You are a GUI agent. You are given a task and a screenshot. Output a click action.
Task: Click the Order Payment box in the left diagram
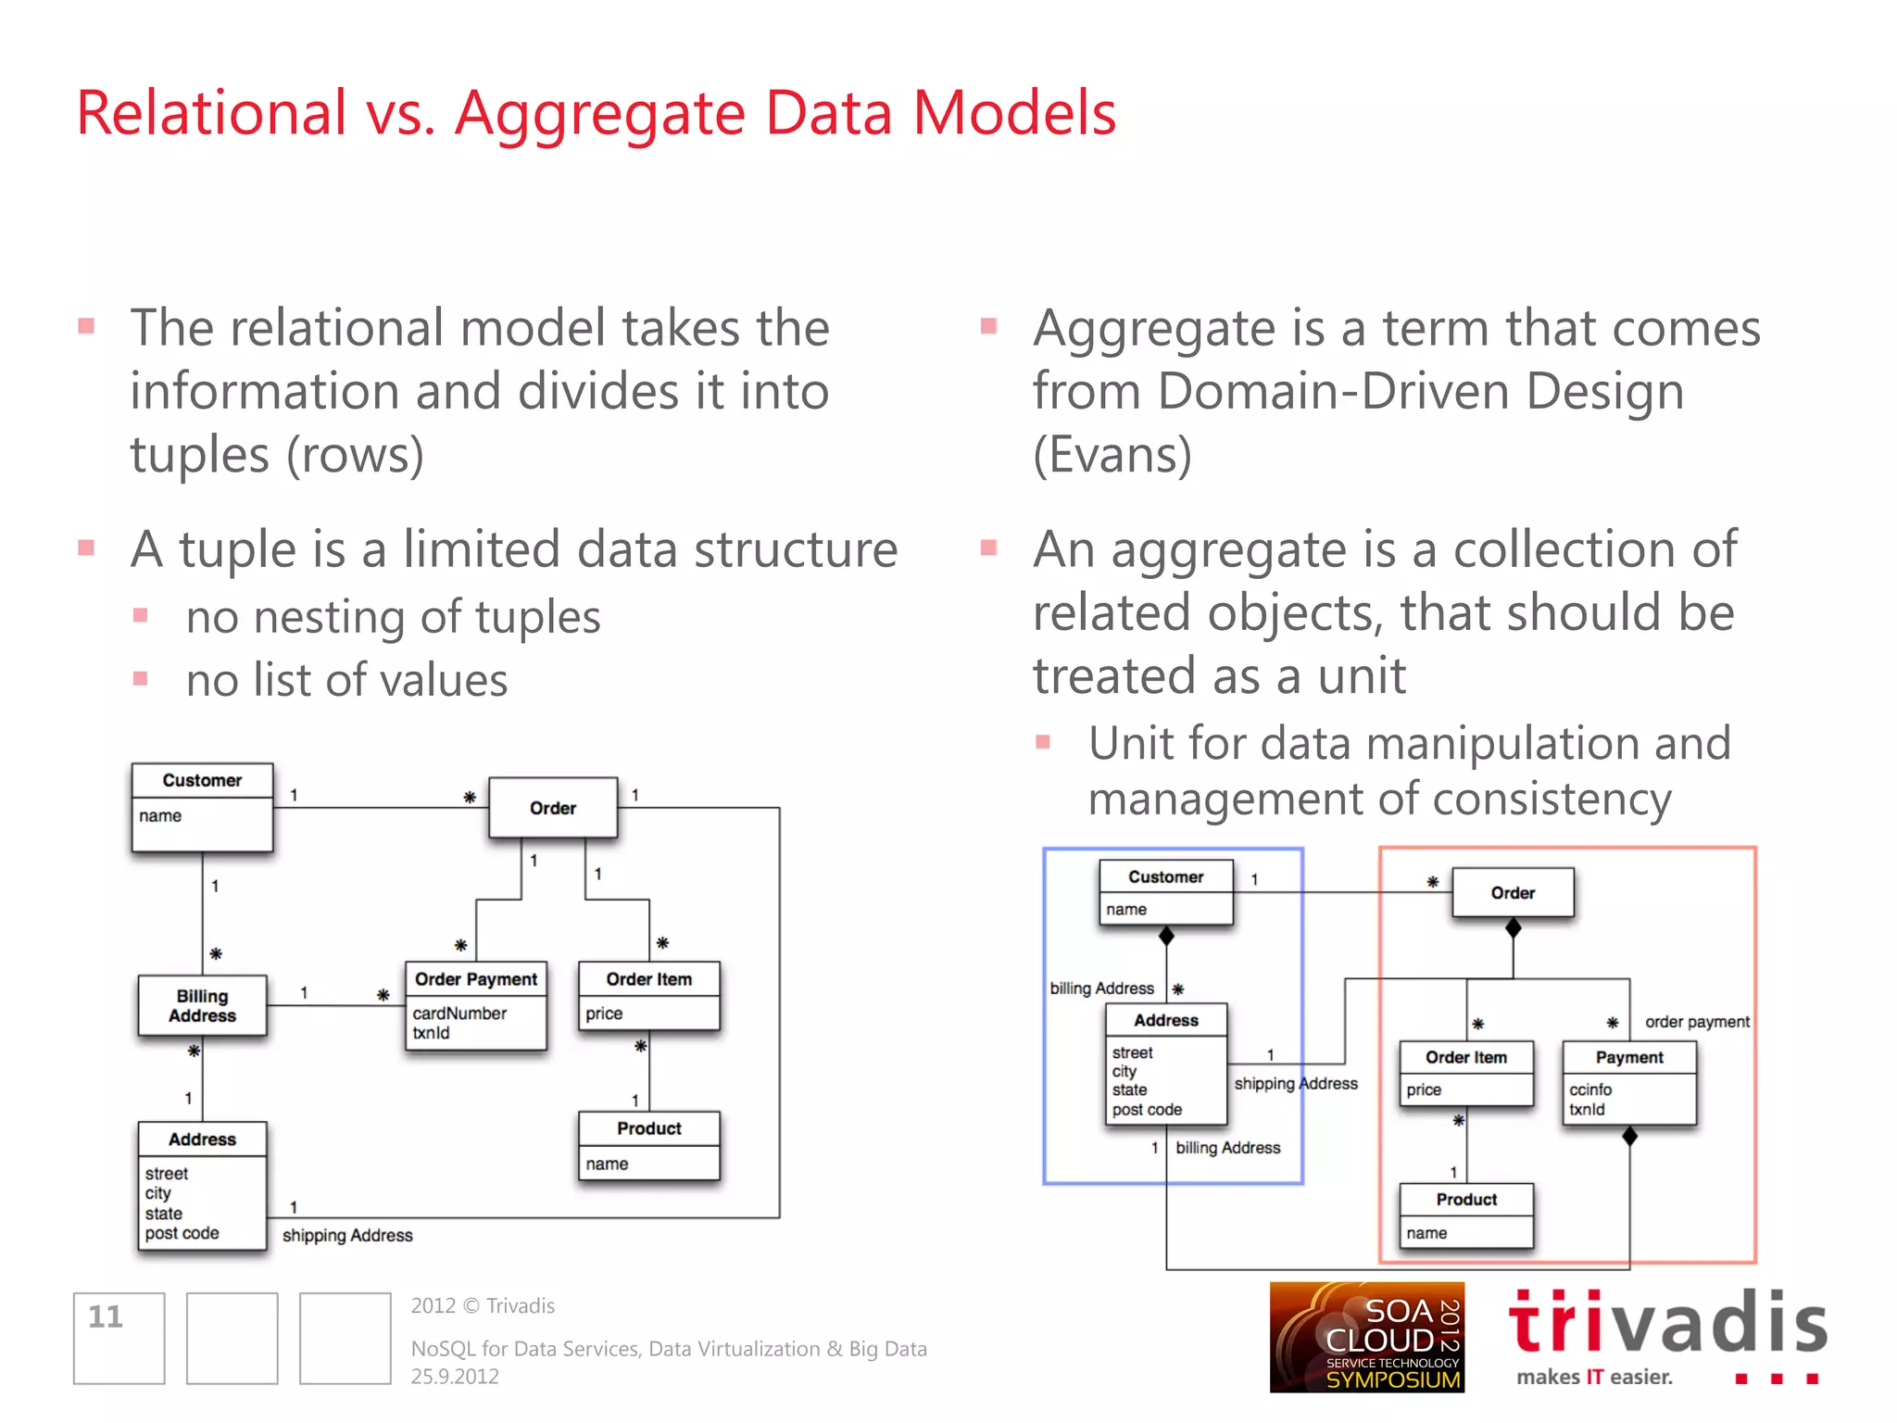point(476,1004)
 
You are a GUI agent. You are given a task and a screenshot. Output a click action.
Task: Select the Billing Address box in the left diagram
point(202,1005)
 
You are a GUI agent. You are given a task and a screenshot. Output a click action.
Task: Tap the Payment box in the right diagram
point(1629,1081)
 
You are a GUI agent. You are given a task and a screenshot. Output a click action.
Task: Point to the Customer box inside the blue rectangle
point(1166,892)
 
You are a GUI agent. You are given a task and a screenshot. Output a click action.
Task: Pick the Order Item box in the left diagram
point(648,996)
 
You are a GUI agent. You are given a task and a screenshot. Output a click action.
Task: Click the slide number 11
point(106,1316)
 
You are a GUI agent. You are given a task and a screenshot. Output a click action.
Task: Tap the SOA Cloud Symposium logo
point(1366,1337)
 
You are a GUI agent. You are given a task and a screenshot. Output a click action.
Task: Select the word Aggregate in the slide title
point(600,113)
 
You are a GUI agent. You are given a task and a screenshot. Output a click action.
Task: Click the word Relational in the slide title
point(211,113)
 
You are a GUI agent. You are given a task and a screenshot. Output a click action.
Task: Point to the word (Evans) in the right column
point(1112,455)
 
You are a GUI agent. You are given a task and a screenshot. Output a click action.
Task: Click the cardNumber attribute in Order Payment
point(459,1014)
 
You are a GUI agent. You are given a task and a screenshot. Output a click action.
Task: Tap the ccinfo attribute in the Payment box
point(1590,1089)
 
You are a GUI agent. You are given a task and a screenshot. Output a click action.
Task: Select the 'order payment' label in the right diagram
point(1697,1022)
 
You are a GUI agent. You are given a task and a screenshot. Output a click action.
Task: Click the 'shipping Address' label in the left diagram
point(347,1235)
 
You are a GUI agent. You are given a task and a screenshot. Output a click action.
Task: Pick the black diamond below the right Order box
point(1514,927)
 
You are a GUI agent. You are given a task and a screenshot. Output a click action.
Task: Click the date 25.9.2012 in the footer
point(455,1377)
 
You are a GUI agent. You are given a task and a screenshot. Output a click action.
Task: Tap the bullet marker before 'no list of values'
point(141,678)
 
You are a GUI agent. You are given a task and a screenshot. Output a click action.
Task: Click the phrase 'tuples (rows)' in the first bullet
point(277,455)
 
